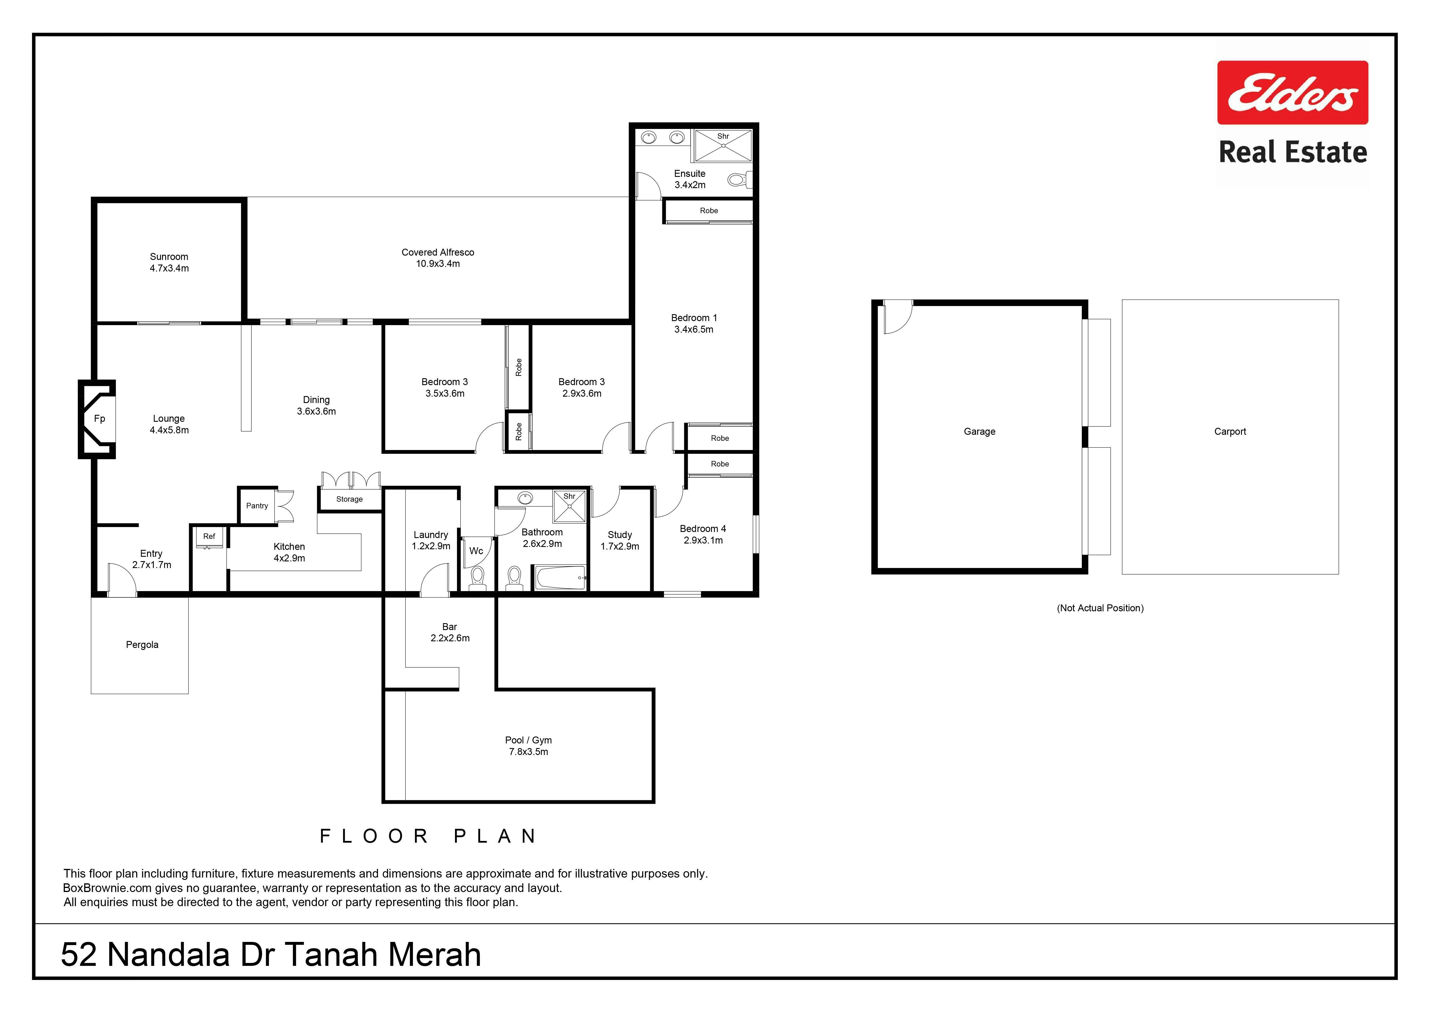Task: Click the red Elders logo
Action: [1293, 92]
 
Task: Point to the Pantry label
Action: [257, 506]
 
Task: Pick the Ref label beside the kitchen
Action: [209, 536]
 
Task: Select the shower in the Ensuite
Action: [723, 145]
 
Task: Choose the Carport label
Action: [1230, 432]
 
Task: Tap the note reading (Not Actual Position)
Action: [1100, 608]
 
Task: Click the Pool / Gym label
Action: [529, 740]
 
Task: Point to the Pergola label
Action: [142, 645]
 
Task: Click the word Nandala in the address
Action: [168, 955]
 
